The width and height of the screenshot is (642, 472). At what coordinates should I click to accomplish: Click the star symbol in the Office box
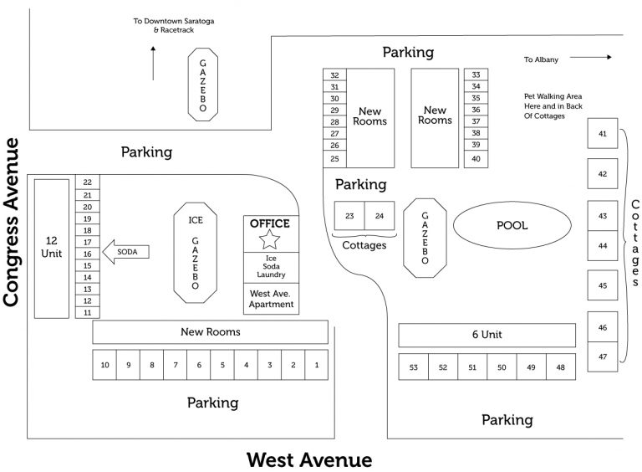click(269, 241)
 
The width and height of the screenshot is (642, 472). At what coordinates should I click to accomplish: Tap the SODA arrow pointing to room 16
click(125, 251)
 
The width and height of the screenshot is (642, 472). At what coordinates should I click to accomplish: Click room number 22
click(87, 182)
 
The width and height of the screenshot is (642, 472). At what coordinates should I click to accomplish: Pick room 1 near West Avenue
click(316, 365)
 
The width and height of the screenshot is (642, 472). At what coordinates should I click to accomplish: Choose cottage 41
click(603, 134)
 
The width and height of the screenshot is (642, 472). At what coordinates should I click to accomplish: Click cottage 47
click(603, 357)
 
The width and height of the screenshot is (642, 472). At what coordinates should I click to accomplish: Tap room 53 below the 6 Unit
click(413, 367)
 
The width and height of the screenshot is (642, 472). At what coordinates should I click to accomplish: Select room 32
click(334, 75)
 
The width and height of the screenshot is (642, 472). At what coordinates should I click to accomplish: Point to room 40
click(476, 158)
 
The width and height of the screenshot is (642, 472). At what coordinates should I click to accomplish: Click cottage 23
click(349, 216)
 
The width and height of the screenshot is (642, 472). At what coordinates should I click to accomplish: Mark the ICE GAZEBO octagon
click(195, 253)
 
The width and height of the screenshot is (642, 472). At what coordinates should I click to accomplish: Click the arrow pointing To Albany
click(593, 58)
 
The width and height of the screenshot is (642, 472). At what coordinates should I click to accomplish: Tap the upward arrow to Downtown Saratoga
click(153, 63)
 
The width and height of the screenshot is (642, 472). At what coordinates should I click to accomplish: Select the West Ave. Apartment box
click(272, 299)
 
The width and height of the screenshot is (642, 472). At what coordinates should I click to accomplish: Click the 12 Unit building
click(50, 248)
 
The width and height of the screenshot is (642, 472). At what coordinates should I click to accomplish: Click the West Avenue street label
click(308, 459)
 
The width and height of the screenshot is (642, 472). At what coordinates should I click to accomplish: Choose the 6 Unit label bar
click(487, 335)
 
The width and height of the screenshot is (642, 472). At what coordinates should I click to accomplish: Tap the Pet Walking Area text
click(553, 106)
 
